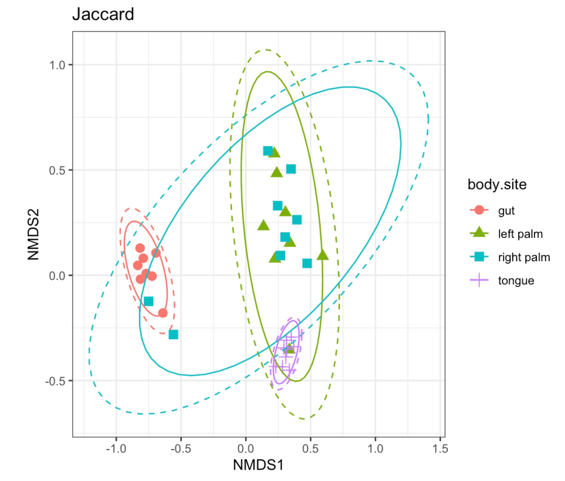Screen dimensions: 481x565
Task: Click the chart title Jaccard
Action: click(103, 15)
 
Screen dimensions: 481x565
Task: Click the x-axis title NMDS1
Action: click(258, 465)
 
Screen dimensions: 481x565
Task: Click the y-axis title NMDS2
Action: click(33, 234)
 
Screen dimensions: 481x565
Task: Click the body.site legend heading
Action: click(497, 184)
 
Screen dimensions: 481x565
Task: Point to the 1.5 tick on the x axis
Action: click(440, 449)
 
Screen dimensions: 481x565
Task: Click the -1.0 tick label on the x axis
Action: click(116, 449)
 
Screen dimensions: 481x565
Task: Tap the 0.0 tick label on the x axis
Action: click(245, 449)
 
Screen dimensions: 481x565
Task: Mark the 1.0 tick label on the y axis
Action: click(57, 65)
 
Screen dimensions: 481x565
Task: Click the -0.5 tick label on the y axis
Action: click(56, 381)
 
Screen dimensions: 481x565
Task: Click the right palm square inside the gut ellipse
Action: click(149, 301)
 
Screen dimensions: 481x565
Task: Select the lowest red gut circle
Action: click(163, 313)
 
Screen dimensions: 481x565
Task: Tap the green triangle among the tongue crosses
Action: click(290, 348)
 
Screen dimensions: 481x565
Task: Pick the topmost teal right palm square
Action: click(268, 151)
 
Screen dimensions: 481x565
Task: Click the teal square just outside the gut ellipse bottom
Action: click(173, 334)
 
